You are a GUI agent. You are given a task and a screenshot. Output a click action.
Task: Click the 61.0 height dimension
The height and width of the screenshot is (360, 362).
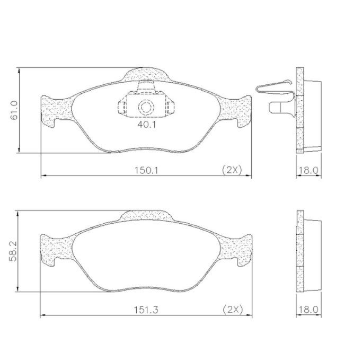pyautogui.click(x=14, y=110)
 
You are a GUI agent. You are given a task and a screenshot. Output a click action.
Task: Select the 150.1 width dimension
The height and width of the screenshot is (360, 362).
pyautogui.click(x=147, y=171)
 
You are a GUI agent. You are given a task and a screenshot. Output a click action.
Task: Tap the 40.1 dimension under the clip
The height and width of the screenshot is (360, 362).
pyautogui.click(x=147, y=125)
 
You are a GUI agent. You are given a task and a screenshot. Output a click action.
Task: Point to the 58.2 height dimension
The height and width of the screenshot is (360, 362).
pyautogui.click(x=13, y=251)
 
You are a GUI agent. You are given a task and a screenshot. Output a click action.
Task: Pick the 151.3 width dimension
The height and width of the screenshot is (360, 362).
pyautogui.click(x=146, y=310)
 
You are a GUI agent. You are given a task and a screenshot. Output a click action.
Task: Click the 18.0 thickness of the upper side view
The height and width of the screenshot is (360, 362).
pyautogui.click(x=308, y=170)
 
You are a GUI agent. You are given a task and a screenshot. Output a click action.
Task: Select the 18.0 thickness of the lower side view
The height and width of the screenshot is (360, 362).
pyautogui.click(x=308, y=310)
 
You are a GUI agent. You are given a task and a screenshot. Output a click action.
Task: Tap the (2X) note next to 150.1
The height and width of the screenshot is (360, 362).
pyautogui.click(x=232, y=170)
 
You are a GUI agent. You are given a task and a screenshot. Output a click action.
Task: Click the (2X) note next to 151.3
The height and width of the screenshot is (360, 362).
pyautogui.click(x=233, y=310)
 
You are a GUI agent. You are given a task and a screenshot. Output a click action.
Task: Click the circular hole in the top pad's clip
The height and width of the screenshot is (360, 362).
pyautogui.click(x=146, y=107)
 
